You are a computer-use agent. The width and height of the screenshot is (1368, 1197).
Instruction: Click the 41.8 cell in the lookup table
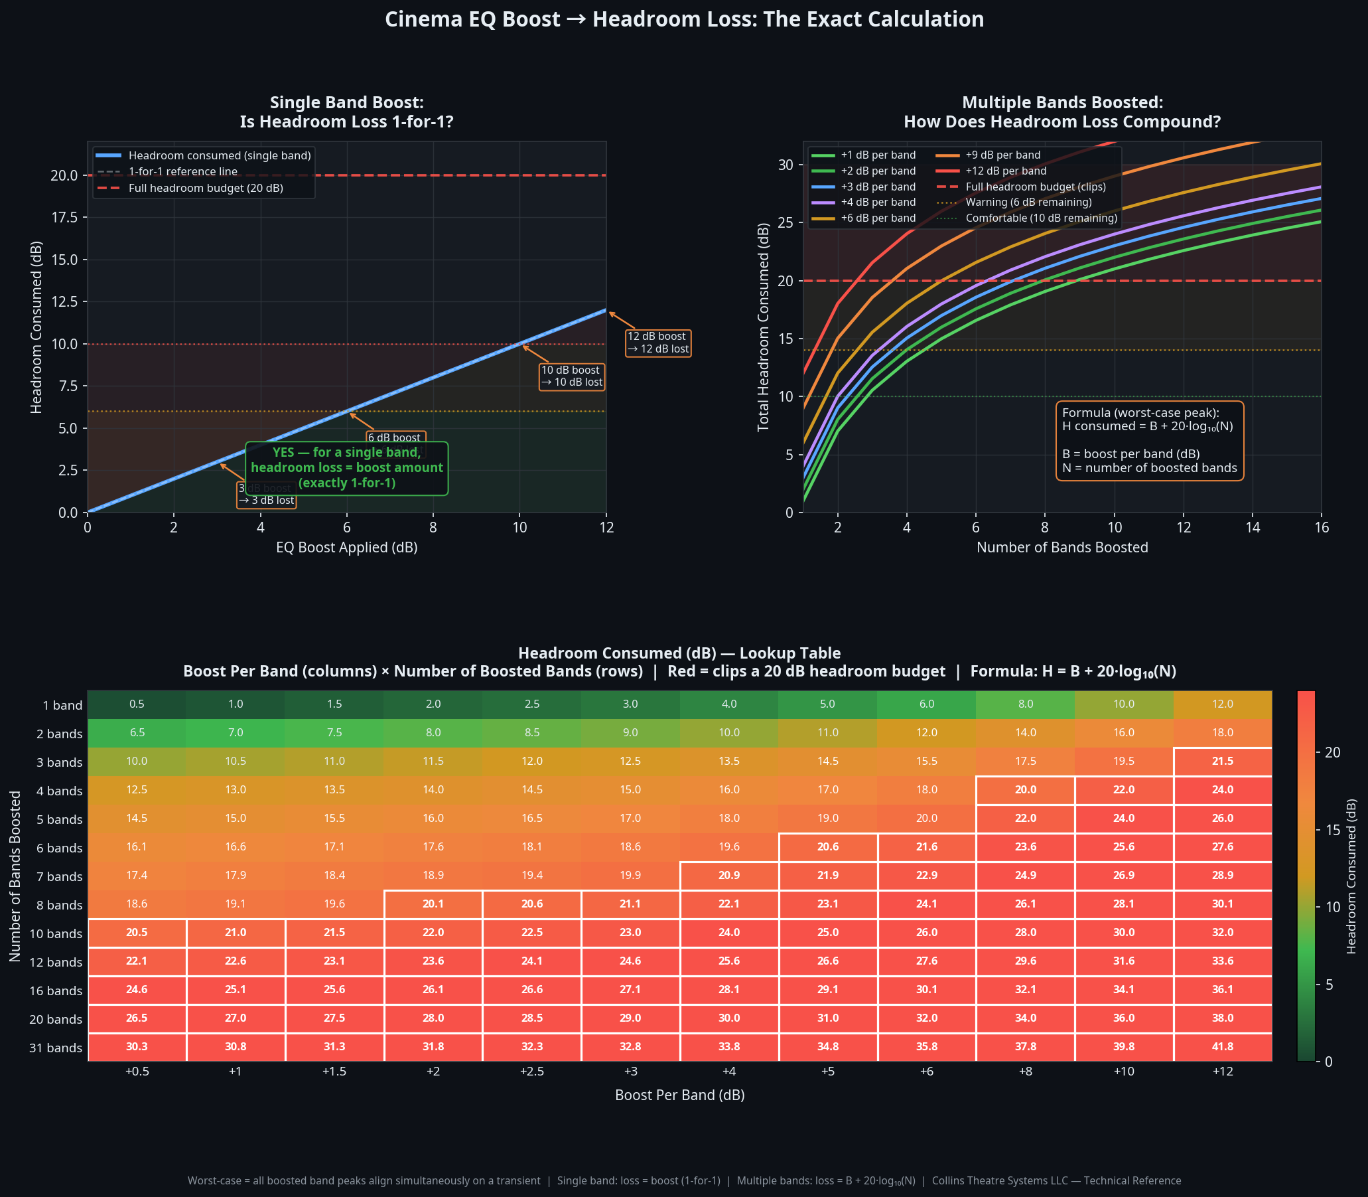pos(1222,1047)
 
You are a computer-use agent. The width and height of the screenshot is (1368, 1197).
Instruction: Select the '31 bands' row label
pos(56,1048)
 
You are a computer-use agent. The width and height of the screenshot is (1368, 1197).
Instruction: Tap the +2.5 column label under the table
pos(531,1072)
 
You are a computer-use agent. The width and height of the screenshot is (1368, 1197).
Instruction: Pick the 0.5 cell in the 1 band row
pos(137,704)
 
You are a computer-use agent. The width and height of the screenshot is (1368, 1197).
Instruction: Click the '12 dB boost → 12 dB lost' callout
pos(657,343)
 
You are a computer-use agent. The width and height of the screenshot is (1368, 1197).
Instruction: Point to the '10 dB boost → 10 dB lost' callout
pos(571,376)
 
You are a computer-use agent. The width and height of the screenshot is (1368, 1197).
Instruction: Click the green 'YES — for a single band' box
pos(346,467)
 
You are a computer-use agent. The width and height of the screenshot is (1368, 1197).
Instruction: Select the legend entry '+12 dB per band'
pos(1006,171)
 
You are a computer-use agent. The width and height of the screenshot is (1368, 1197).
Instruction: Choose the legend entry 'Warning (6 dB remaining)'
pos(1028,202)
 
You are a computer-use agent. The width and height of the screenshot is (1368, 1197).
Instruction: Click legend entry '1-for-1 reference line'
pos(182,172)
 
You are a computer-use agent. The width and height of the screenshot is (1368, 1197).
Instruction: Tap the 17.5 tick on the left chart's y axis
pos(65,218)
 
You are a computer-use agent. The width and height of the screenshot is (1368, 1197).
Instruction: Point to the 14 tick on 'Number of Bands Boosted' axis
pos(1253,528)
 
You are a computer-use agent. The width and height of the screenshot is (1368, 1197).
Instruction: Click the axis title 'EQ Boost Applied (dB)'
pos(346,548)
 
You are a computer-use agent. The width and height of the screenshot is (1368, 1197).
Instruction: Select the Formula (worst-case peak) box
pos(1149,440)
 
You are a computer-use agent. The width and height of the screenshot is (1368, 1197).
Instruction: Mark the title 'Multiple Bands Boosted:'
pos(1061,103)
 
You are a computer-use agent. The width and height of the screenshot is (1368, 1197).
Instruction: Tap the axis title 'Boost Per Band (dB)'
pos(679,1095)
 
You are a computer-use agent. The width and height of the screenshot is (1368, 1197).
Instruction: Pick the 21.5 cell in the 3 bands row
pos(1222,761)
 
